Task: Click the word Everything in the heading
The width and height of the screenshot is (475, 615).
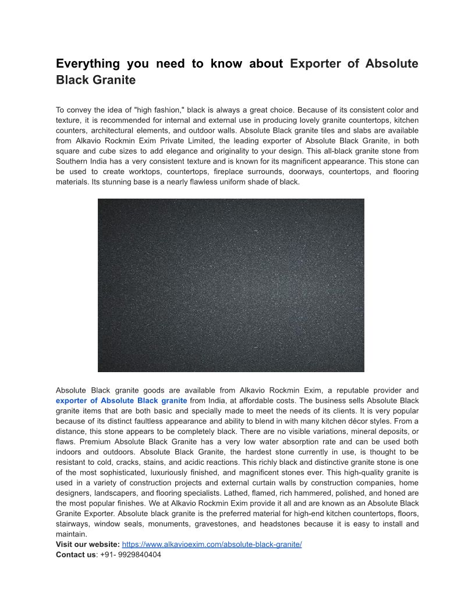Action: [x=88, y=63]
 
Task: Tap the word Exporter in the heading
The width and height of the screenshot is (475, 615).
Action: [x=315, y=63]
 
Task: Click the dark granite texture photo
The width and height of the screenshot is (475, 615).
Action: [x=231, y=285]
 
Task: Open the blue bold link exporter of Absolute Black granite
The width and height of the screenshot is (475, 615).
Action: [x=122, y=401]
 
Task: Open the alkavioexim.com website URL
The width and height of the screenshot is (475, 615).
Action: [x=212, y=545]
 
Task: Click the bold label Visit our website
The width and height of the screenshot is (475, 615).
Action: [x=88, y=545]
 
